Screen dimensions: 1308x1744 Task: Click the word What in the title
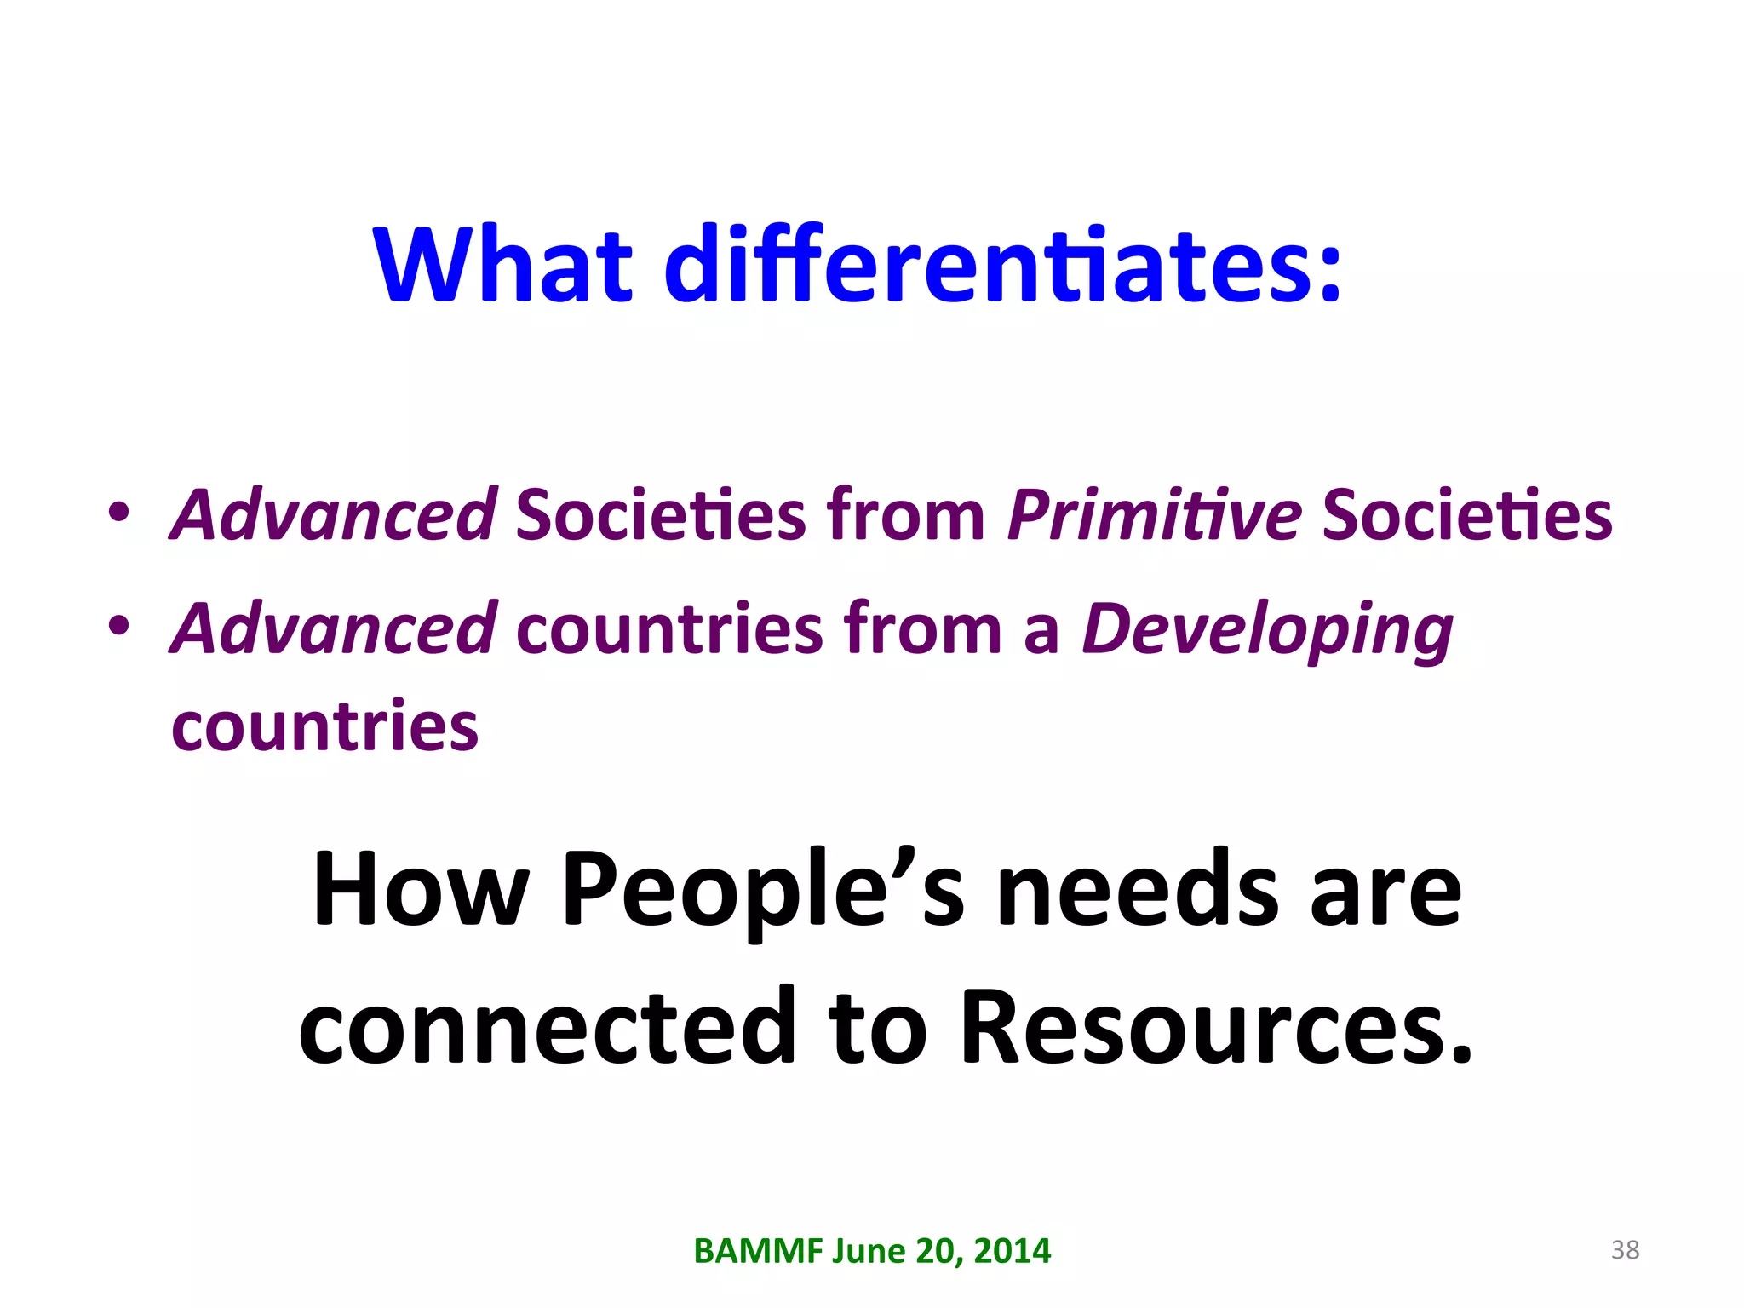pyautogui.click(x=502, y=264)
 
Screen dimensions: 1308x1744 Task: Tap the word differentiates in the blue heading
pyautogui.click(x=1003, y=264)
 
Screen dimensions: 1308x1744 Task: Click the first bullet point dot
pyautogui.click(x=118, y=513)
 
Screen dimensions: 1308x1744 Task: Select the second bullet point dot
pyautogui.click(x=118, y=626)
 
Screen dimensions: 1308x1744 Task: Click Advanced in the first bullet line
pyautogui.click(x=334, y=514)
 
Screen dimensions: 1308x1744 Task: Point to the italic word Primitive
pyautogui.click(x=1154, y=516)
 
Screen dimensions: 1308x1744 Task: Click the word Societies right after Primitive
pyautogui.click(x=1467, y=516)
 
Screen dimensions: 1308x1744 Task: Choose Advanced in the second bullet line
pyautogui.click(x=334, y=628)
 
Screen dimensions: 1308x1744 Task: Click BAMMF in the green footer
pyautogui.click(x=758, y=1251)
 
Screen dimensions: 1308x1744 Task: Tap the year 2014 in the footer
pyautogui.click(x=1013, y=1251)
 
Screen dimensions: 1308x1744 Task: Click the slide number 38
pyautogui.click(x=1625, y=1250)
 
